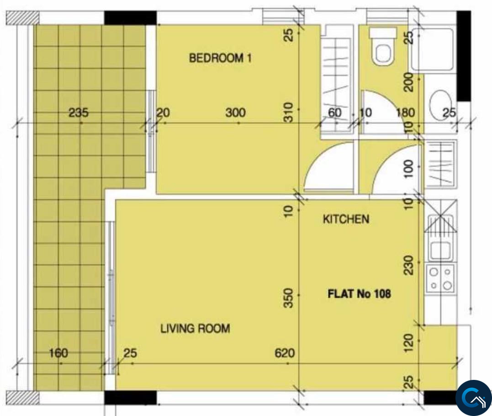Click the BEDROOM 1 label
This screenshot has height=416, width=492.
tap(220, 58)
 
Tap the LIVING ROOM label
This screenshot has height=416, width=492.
tap(195, 329)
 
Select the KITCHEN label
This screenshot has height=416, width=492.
tap(346, 219)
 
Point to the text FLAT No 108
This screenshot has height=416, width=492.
tap(359, 294)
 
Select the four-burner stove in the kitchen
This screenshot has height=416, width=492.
tap(440, 278)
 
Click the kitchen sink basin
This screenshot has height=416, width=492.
tap(440, 251)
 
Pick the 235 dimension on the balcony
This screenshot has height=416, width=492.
tap(79, 112)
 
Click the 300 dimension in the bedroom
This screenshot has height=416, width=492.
tap(235, 112)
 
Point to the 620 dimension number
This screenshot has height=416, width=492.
tap(285, 353)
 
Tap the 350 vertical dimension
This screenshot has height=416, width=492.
tap(288, 299)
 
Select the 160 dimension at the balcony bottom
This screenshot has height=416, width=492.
tap(58, 353)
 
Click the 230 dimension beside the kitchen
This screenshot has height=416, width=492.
tap(408, 265)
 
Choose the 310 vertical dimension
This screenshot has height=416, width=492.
tap(288, 112)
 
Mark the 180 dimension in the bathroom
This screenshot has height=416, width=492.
tap(405, 112)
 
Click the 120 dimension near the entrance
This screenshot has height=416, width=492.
tap(408, 343)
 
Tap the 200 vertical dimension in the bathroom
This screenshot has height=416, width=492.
tap(408, 82)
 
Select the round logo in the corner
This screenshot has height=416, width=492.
tap(474, 398)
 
